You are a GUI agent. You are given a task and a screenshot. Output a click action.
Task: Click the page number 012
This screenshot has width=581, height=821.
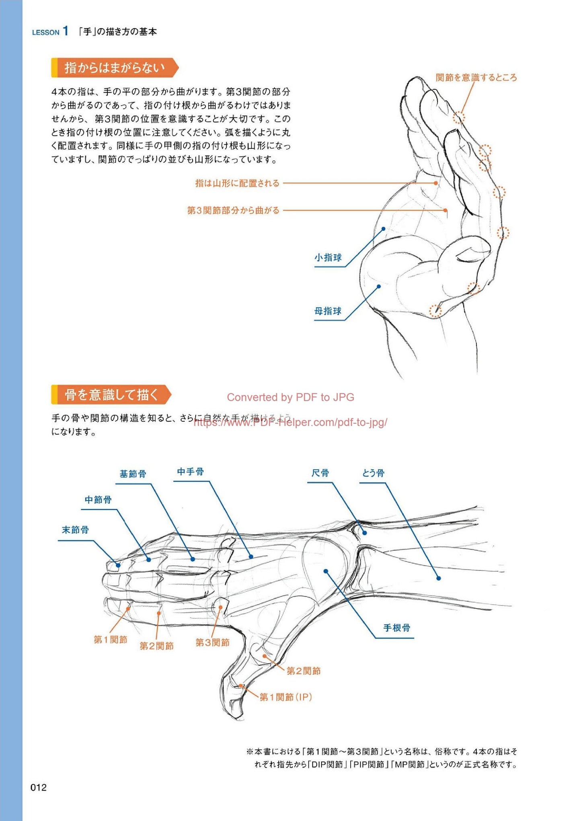39,787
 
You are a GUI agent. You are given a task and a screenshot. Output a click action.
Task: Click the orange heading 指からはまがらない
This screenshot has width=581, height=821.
115,68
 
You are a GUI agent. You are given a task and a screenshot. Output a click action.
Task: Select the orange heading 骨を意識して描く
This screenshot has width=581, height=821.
111,394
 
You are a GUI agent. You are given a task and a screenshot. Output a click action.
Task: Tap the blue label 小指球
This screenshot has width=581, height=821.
328,258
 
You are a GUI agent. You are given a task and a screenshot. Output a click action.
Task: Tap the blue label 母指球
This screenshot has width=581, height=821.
328,311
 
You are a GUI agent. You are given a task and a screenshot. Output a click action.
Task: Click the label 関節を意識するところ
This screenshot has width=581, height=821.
476,78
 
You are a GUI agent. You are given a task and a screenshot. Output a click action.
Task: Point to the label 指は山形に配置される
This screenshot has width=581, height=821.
237,183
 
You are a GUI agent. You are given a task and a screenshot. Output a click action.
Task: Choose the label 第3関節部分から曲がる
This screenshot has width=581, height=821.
233,210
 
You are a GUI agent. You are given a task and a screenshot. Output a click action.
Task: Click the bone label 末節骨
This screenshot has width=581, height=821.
75,530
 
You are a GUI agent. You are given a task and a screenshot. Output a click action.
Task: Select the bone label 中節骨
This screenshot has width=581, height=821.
98,500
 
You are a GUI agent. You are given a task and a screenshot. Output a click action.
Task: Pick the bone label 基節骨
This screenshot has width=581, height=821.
133,474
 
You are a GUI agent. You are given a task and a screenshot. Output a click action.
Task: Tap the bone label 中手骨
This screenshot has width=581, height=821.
191,472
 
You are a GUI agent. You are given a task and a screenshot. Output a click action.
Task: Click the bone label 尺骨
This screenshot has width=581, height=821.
320,473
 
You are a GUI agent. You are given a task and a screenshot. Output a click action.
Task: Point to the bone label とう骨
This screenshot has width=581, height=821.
373,473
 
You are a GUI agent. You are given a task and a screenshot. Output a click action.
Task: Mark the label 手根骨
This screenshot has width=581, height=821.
397,628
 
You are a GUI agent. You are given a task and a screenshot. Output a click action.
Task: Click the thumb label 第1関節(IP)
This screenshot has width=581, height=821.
285,697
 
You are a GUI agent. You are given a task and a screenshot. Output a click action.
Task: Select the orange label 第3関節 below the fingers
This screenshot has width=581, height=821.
212,642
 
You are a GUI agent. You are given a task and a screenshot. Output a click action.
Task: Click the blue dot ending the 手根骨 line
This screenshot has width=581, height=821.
326,571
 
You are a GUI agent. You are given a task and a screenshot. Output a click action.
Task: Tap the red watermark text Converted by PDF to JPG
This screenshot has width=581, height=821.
290,397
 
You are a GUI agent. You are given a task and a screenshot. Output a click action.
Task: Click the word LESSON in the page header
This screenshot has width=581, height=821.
45,33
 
